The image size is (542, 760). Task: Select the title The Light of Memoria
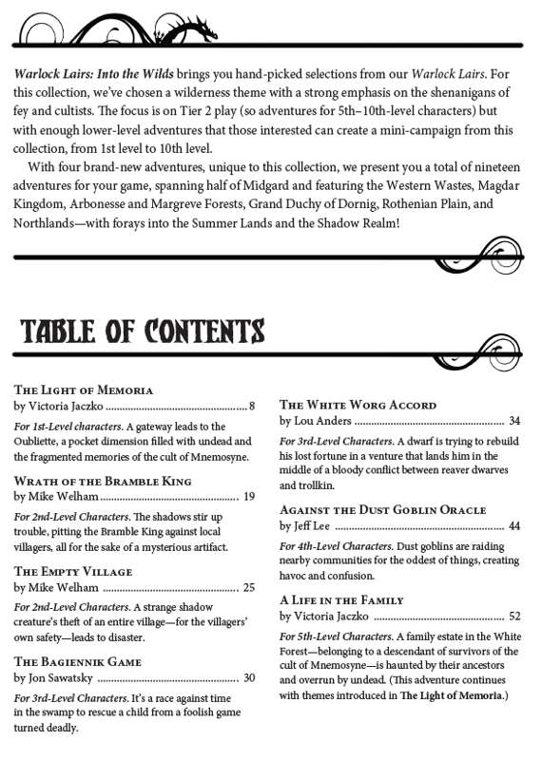point(84,390)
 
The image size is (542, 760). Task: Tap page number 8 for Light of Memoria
point(252,406)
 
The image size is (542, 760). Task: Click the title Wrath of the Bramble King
point(103,481)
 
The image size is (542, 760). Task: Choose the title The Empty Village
point(73,572)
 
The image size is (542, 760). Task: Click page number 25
point(249,587)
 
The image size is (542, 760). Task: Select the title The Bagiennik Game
point(78,661)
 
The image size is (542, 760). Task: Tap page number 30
point(249,677)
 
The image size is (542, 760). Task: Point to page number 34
point(514,420)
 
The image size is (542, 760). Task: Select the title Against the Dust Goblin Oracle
point(383,510)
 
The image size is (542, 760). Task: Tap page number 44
point(514,525)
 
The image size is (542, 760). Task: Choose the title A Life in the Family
point(341,600)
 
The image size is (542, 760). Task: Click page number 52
point(514,616)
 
